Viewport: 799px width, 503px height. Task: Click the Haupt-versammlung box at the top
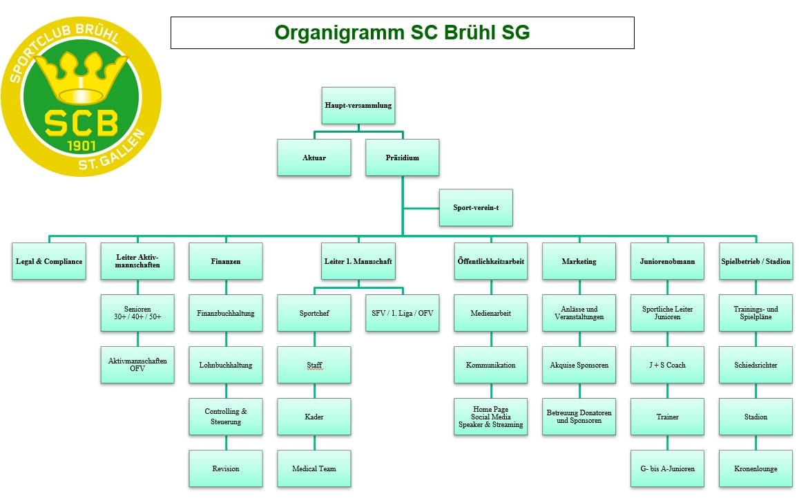pos(358,106)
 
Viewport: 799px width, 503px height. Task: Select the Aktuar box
pos(314,158)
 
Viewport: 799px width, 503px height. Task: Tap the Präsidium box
pos(402,158)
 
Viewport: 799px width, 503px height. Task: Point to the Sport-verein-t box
pos(476,207)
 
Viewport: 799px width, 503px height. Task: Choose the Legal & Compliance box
pos(49,261)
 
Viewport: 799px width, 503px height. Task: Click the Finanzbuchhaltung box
pos(226,313)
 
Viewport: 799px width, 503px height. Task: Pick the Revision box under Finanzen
pos(226,468)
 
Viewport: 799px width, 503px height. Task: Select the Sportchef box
pos(314,313)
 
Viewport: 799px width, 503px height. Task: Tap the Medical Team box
pos(314,468)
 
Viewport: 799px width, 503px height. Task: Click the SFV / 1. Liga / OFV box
pos(402,313)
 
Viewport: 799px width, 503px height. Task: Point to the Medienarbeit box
pos(490,313)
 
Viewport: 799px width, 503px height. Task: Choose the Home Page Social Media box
pos(490,417)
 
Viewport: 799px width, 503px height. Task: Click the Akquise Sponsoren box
pos(579,365)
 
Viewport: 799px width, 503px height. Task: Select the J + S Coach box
pos(667,365)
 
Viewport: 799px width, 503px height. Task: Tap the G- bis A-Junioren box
pos(667,468)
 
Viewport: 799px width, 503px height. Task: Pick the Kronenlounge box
pos(755,468)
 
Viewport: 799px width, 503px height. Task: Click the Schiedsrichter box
pos(755,365)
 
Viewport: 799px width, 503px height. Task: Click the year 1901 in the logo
pos(81,146)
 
